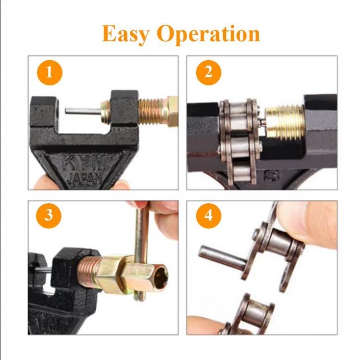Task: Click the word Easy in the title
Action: [126, 34]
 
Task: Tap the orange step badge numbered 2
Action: [208, 72]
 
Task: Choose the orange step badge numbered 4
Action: [208, 215]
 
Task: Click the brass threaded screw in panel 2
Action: [283, 121]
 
